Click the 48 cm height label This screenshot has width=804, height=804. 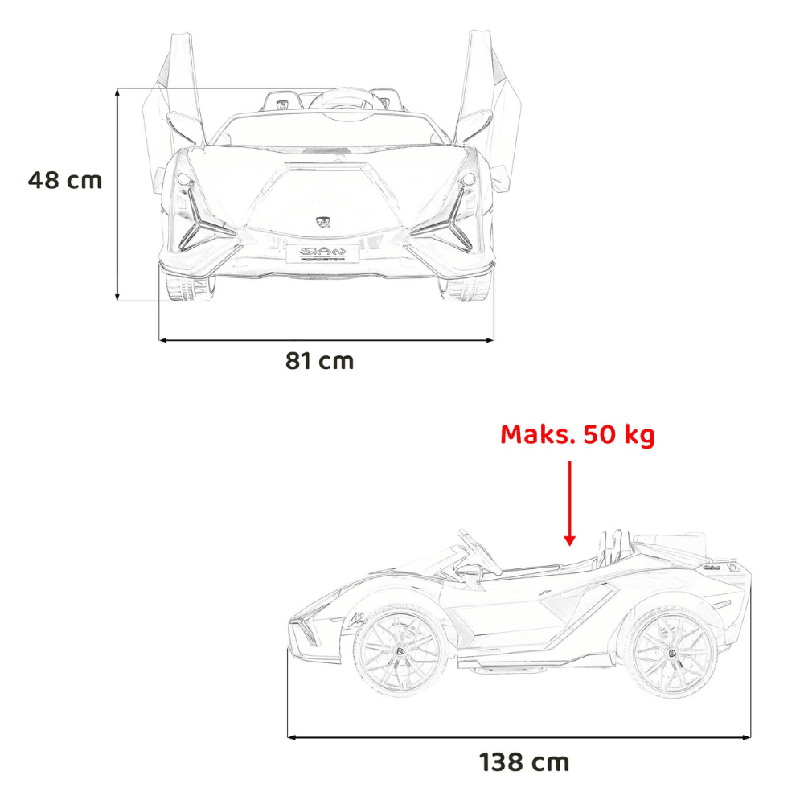click(65, 180)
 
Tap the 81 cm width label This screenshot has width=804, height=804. click(319, 361)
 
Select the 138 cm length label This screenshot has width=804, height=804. click(524, 762)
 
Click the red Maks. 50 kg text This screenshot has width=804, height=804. click(577, 435)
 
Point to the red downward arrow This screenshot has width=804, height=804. click(569, 503)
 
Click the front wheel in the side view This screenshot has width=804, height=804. click(400, 650)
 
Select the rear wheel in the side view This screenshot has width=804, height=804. click(671, 653)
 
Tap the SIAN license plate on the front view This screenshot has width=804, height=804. click(322, 253)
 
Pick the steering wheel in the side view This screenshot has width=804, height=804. click(479, 553)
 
